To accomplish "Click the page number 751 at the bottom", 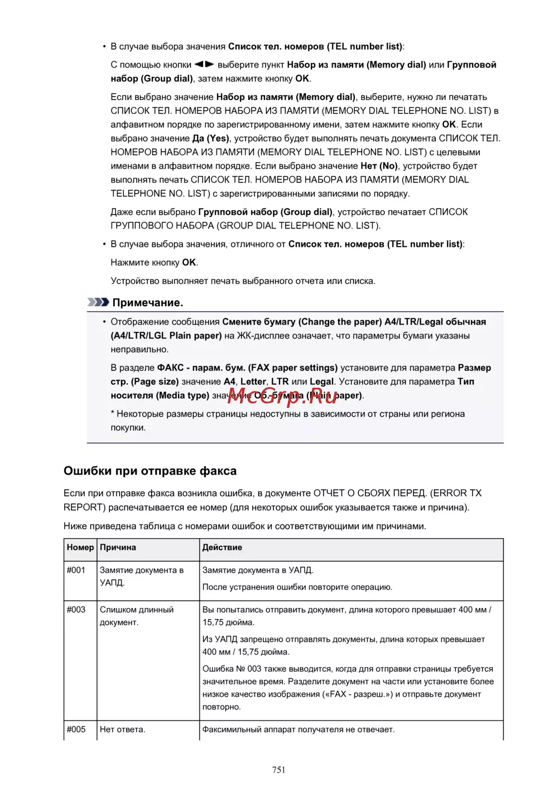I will tap(278, 770).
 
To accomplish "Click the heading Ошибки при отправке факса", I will tap(150, 471).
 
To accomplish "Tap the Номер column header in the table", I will tap(80, 548).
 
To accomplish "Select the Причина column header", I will tap(118, 548).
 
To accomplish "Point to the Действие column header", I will tap(222, 548).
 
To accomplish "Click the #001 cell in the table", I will tap(76, 570).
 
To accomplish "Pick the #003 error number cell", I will tap(76, 610).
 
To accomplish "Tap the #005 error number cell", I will tap(76, 730).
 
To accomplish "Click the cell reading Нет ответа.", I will tap(122, 730).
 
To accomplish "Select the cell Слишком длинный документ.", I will tap(137, 616).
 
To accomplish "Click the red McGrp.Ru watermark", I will tap(282, 396).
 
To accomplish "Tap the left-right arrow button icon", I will tap(204, 65).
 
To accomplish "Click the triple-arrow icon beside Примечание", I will tap(98, 302).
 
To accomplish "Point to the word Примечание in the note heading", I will tap(148, 303).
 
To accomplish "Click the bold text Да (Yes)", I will tap(211, 139).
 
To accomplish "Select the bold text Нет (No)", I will tap(379, 166).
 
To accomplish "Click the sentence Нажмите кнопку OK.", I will tap(154, 263).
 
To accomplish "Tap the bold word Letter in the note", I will tap(253, 382).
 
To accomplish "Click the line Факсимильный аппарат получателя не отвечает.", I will tap(299, 730).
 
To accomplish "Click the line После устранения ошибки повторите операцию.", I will tap(297, 587).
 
